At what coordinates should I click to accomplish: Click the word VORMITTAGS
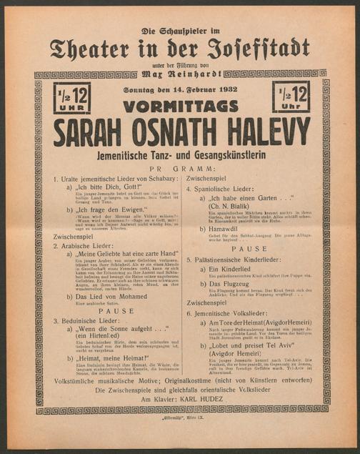tap(179, 106)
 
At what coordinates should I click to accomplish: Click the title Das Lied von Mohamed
tap(109, 296)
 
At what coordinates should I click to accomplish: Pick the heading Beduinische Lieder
tap(85, 322)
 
